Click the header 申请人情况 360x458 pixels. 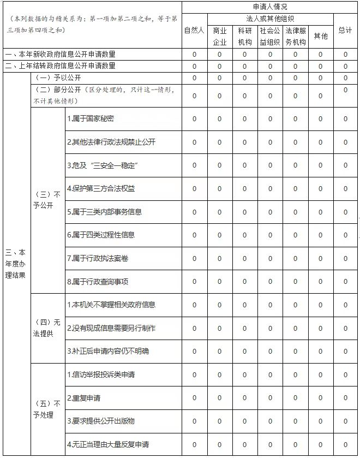270,7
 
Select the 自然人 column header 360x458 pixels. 194,31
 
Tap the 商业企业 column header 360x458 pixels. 219,36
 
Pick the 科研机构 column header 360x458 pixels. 244,36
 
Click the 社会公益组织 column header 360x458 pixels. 269,36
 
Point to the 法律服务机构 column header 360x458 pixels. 295,36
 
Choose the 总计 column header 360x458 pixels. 345,31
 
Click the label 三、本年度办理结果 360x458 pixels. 15,264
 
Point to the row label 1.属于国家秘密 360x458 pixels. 91,119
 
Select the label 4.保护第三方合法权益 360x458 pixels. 100,189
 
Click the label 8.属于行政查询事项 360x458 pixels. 97,282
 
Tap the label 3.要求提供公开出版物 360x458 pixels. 100,421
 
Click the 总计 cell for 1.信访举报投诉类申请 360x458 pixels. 345,375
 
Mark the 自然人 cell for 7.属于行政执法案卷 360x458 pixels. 194,258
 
